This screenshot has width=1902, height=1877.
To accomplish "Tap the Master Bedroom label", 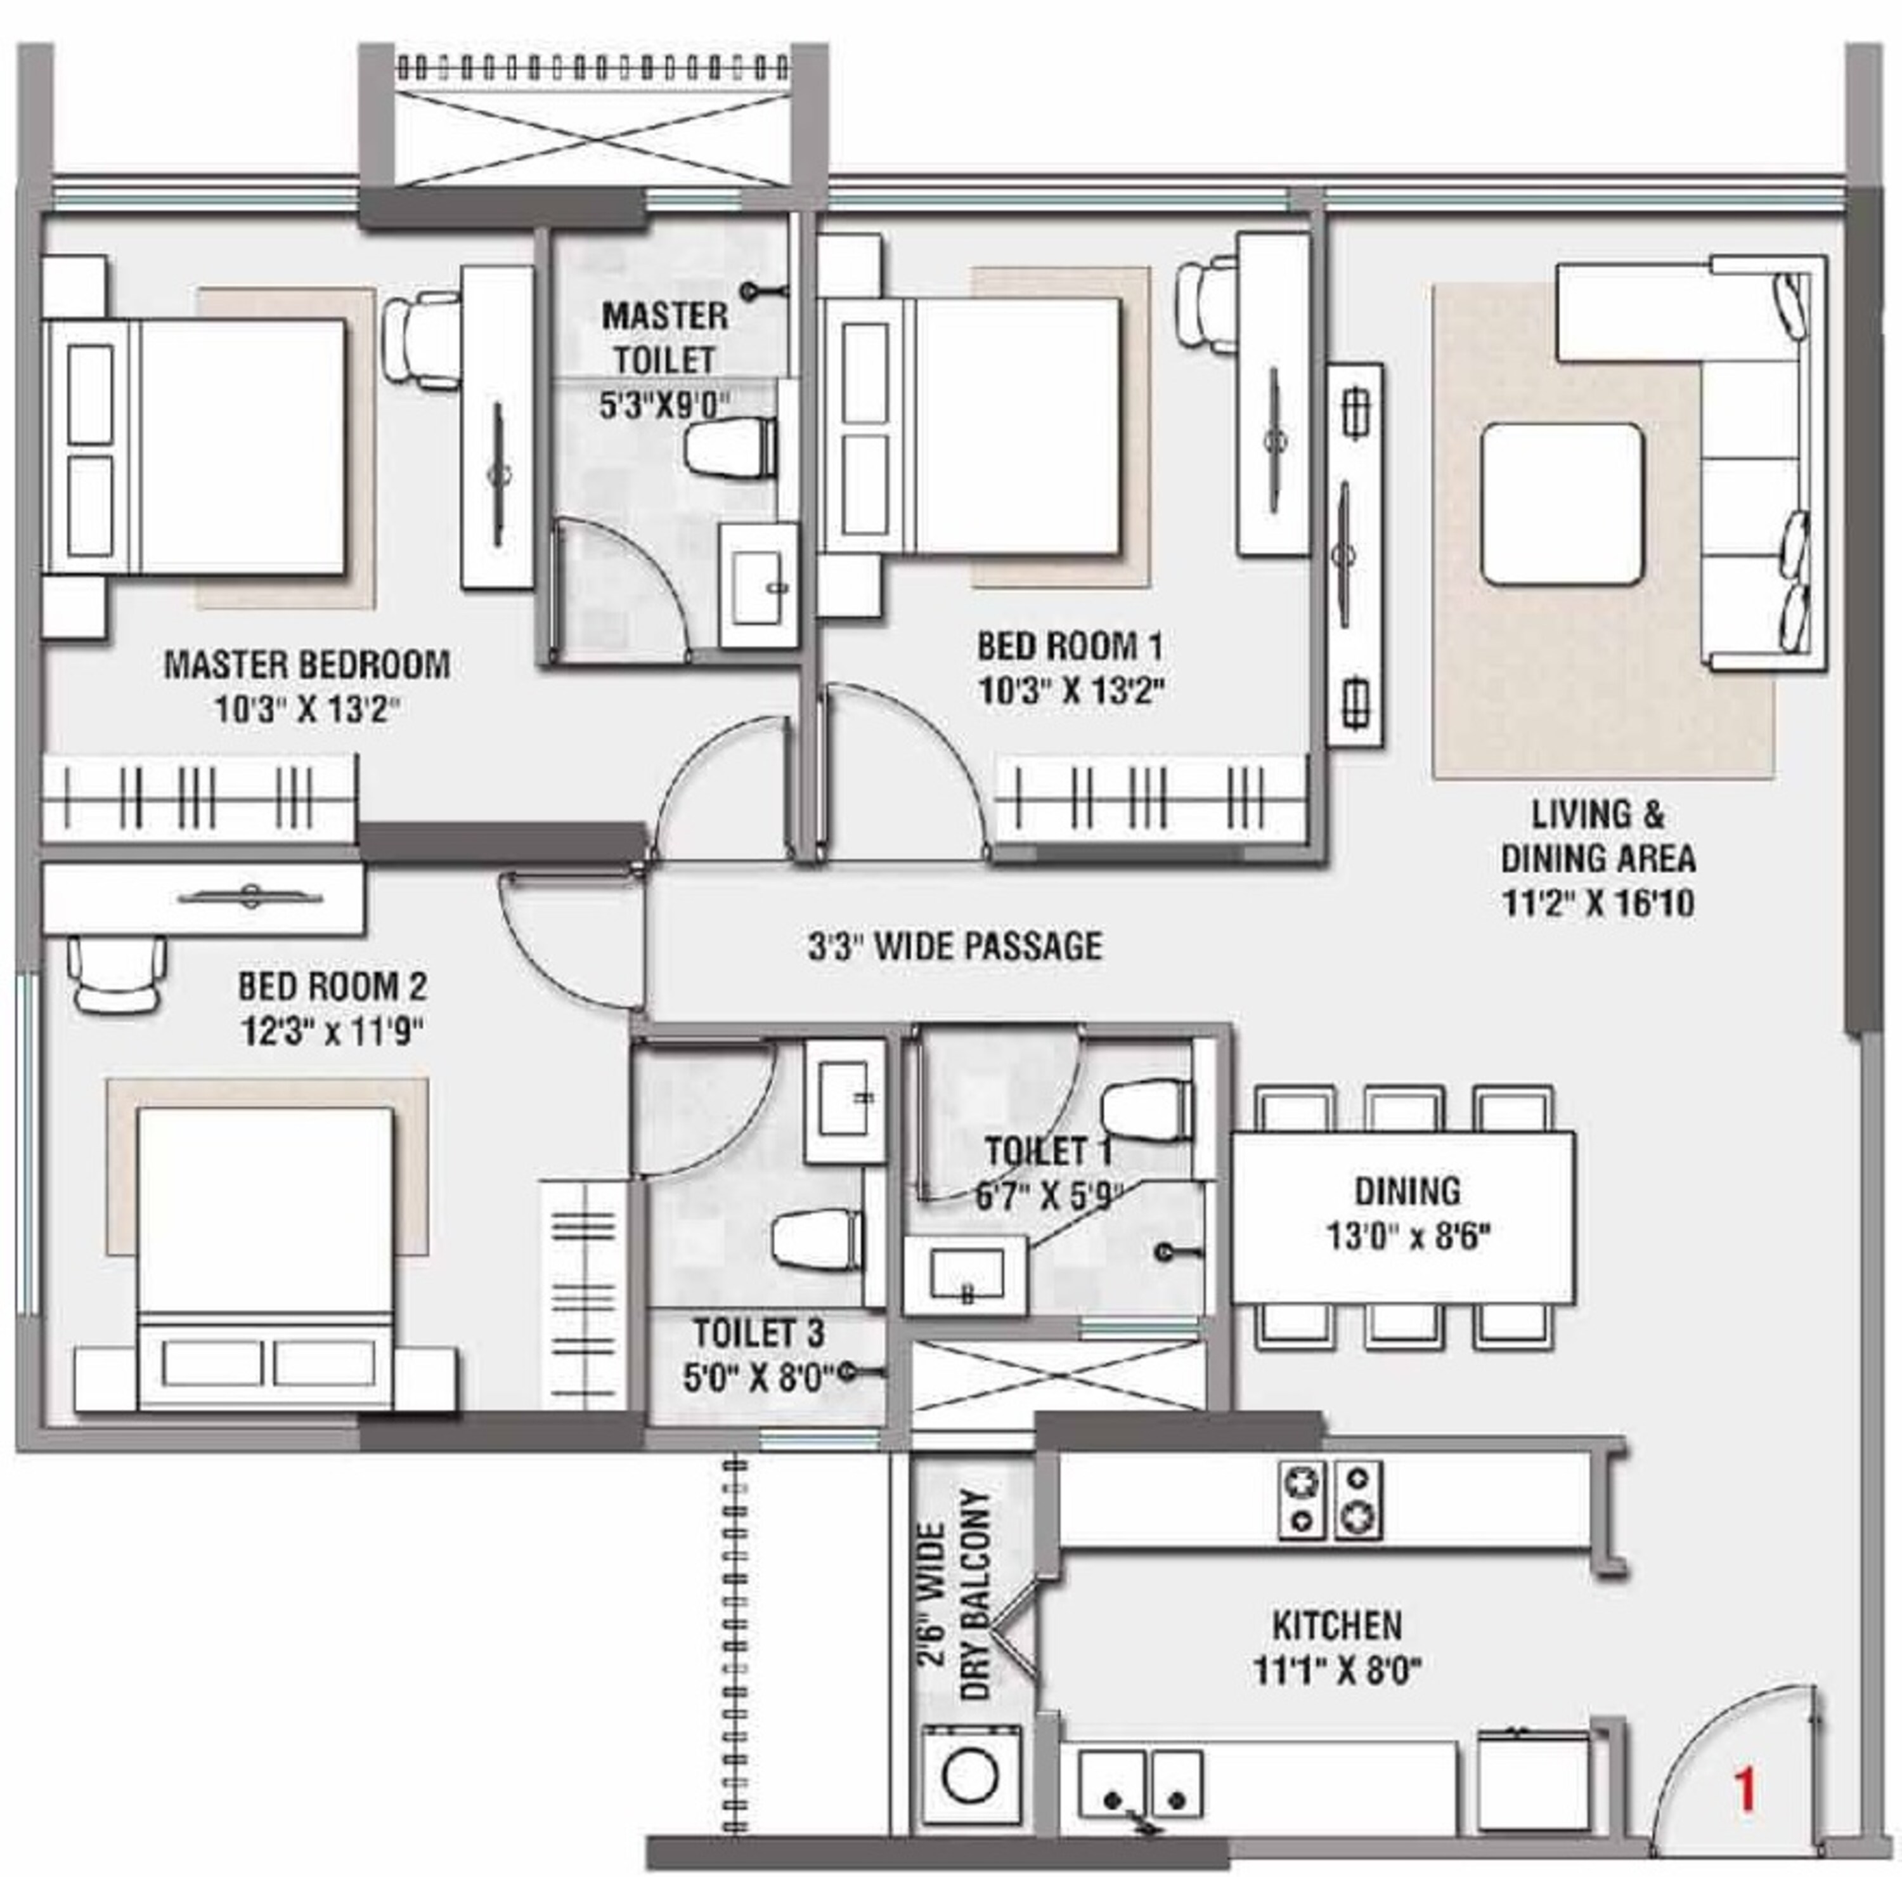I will point(306,665).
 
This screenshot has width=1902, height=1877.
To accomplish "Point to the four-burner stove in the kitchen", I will point(1330,1499).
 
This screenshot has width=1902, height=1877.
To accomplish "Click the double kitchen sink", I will point(1140,1781).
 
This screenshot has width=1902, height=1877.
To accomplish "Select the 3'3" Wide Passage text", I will point(954,945).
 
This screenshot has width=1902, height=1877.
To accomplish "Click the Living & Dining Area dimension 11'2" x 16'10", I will point(1597,903).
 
